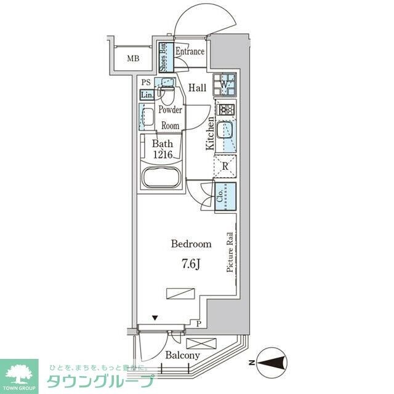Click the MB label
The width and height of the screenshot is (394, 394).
(133, 59)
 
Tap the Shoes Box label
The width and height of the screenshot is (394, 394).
(163, 57)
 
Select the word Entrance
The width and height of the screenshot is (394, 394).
(190, 52)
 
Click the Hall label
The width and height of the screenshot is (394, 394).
(197, 88)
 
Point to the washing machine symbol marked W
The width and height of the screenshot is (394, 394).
(225, 84)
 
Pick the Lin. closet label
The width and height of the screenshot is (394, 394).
(147, 95)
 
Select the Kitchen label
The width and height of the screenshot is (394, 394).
(211, 134)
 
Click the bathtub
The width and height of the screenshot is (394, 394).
(161, 178)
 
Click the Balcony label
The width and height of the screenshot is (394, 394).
(182, 355)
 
